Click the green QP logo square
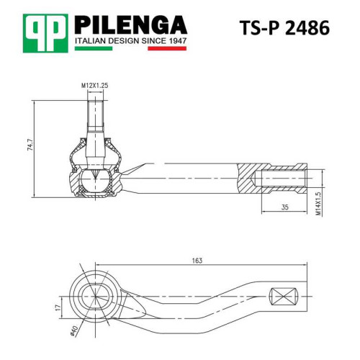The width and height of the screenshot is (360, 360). [45, 33]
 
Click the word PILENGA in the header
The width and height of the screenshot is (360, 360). [131, 25]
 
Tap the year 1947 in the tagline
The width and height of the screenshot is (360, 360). [177, 41]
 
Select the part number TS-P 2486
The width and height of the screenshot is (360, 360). [284, 28]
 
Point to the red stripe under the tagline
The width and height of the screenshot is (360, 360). [167, 48]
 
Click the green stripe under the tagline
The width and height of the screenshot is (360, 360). [94, 48]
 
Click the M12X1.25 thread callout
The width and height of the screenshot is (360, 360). [94, 86]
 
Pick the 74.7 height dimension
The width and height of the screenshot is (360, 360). [30, 145]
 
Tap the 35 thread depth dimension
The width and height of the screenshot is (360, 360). [284, 207]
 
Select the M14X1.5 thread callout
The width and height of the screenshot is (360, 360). [318, 204]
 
